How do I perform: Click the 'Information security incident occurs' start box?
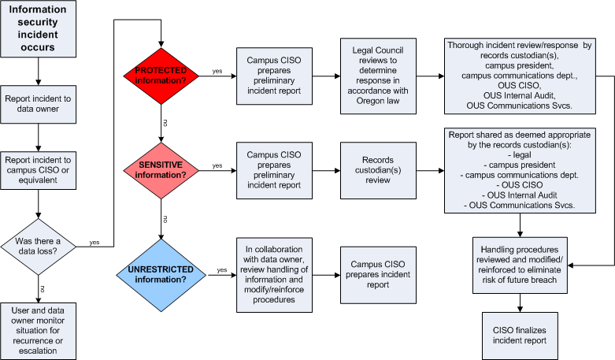39,29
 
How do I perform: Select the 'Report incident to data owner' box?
39,104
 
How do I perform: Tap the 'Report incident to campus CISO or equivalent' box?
39,171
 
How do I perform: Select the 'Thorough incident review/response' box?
520,76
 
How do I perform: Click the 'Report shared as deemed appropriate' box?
520,169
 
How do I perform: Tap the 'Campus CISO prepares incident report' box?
377,274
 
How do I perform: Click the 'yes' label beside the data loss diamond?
94,242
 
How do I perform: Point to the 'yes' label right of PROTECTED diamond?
217,71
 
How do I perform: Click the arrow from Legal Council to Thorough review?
429,77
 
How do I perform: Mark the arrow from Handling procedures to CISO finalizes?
520,302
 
